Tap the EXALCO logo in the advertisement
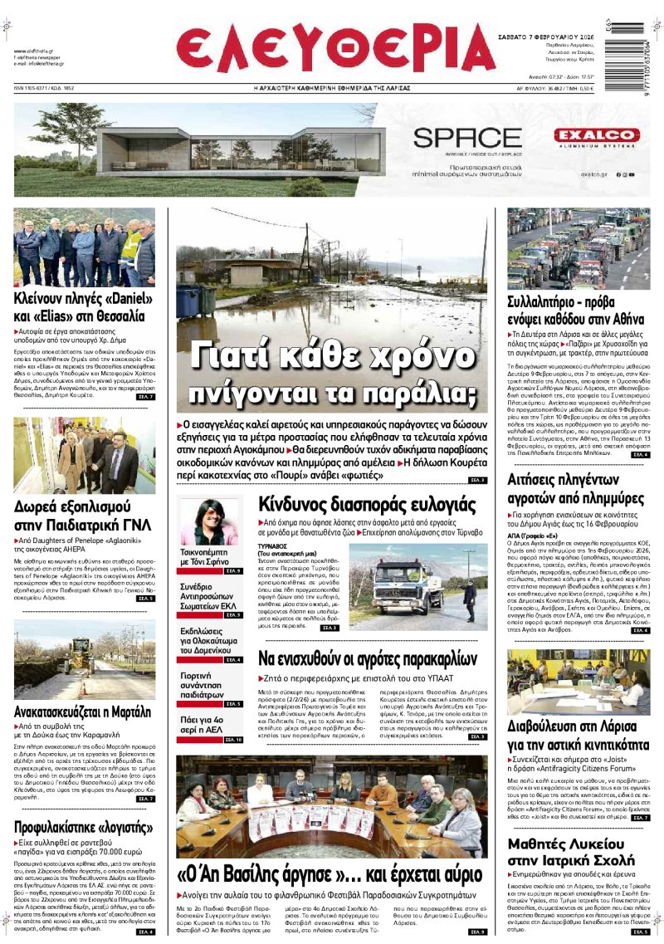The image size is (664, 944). click(x=597, y=135)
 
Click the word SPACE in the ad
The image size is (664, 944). click(x=467, y=138)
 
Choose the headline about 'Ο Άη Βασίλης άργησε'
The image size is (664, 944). click(x=329, y=874)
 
